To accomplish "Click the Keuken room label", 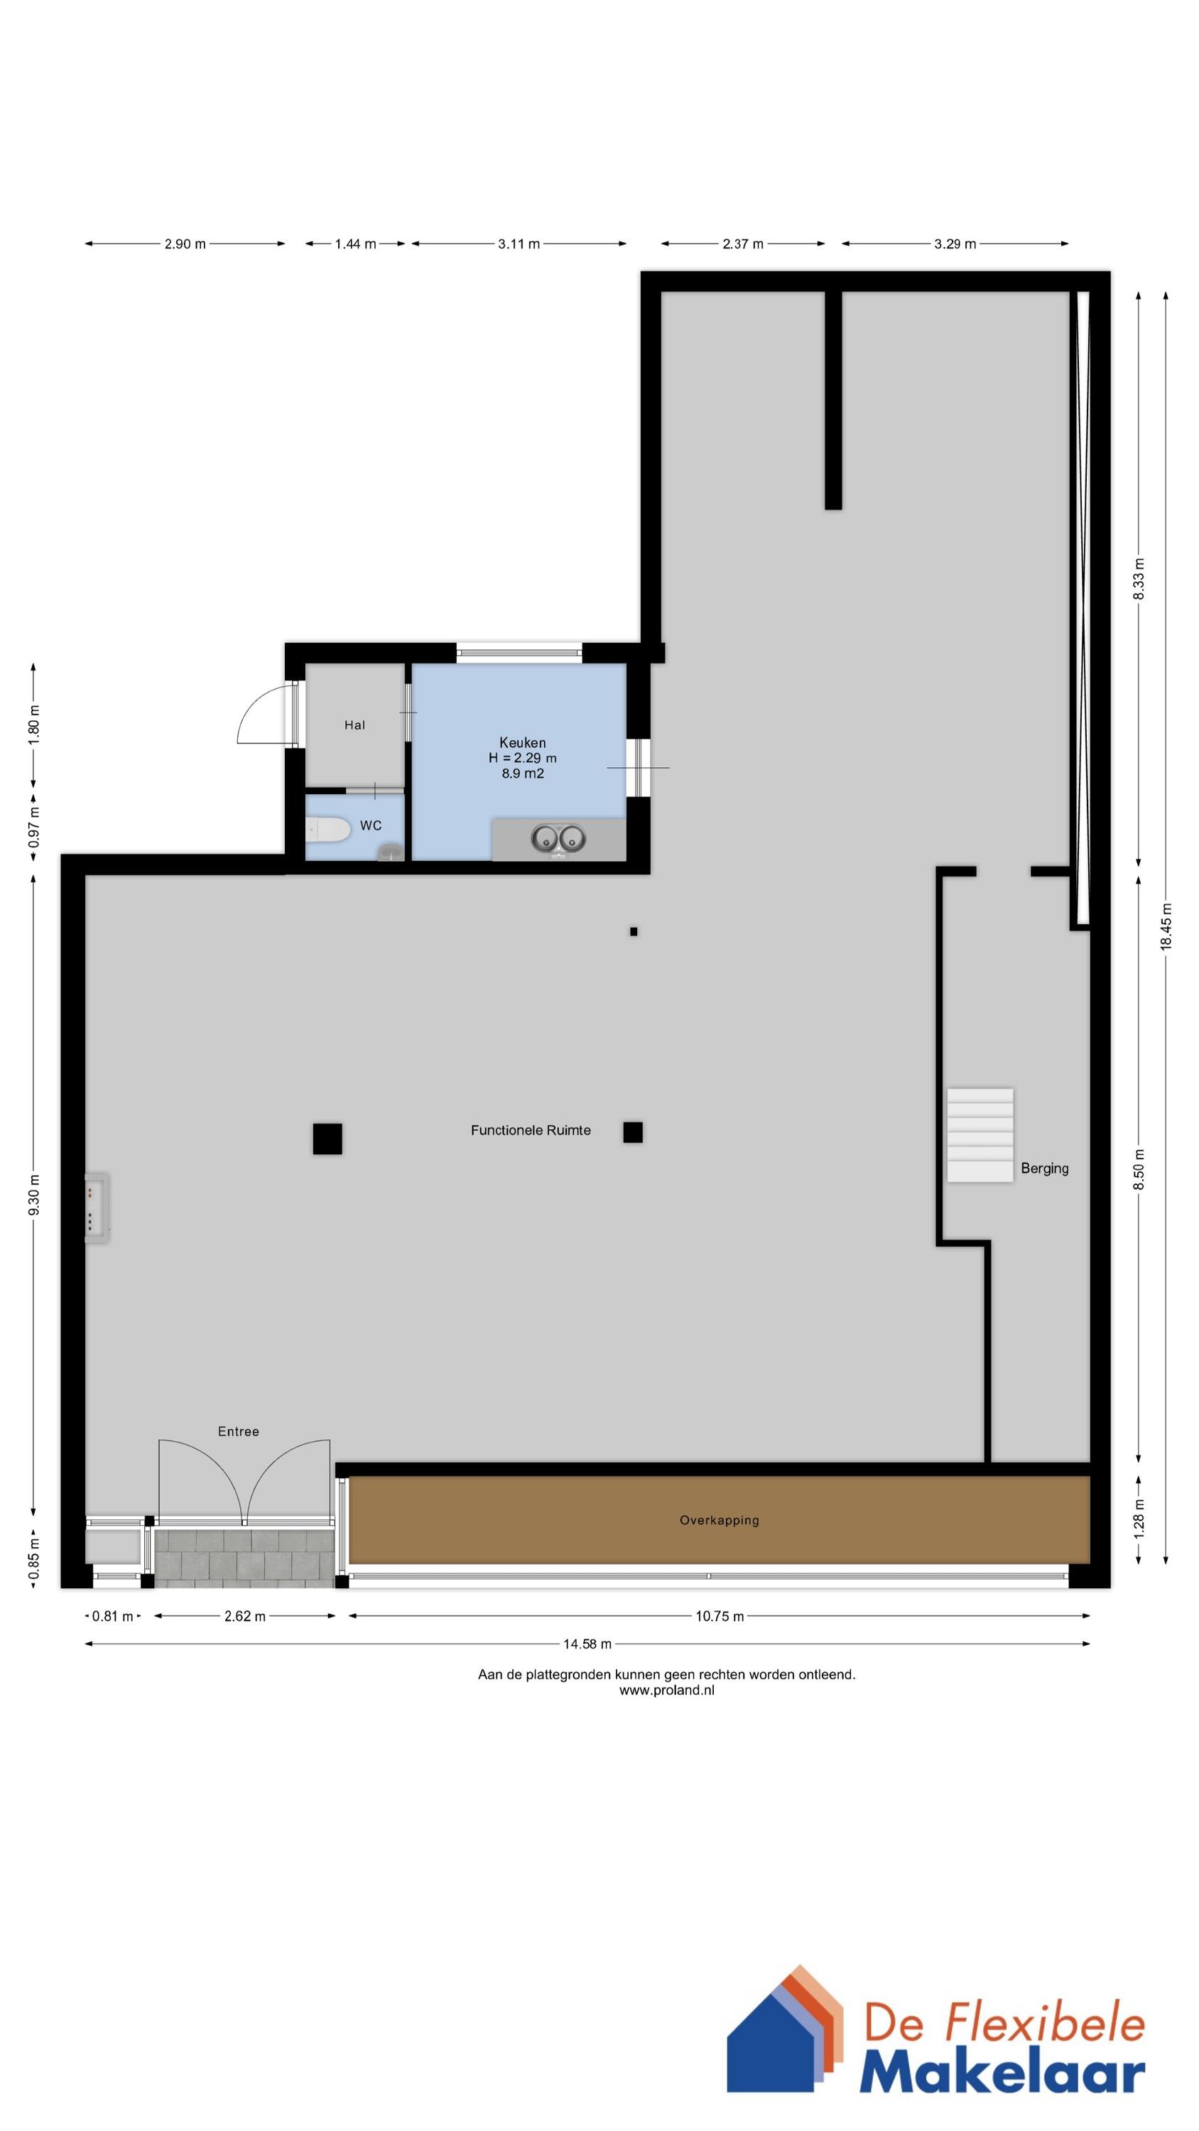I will (x=522, y=743).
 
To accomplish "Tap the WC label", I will (x=371, y=825).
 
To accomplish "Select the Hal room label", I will (x=354, y=725).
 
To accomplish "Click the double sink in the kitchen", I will (x=558, y=839).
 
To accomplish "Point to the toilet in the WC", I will (x=327, y=830).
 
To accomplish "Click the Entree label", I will (x=239, y=1432).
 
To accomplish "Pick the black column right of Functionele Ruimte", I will (x=633, y=1132).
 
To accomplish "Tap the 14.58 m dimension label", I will (x=587, y=1644).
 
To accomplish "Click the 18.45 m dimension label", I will (x=1166, y=926).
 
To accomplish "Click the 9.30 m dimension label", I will (x=34, y=1195).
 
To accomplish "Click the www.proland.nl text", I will (x=666, y=1691).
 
